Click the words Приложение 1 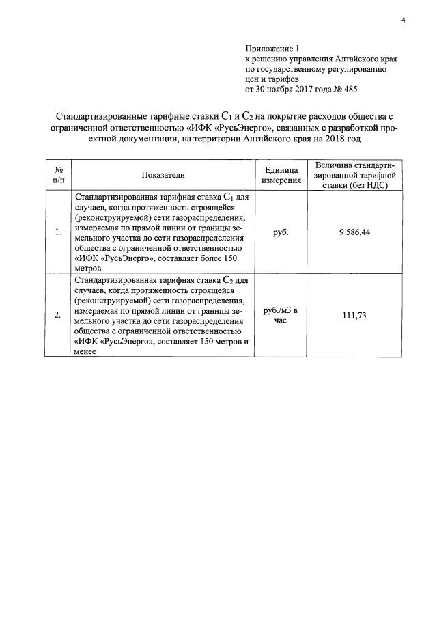click(272, 49)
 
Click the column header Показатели click(163, 176)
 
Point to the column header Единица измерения click(281, 176)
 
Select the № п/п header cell click(59, 176)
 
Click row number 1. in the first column click(58, 232)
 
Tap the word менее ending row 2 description click(87, 351)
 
